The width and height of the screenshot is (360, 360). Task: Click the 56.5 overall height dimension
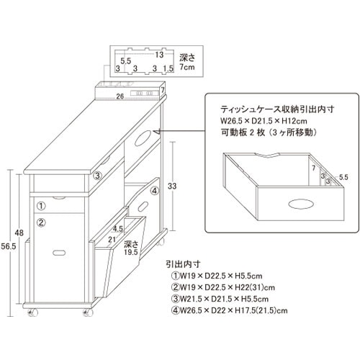(9, 246)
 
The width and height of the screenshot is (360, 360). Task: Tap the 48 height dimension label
(19, 233)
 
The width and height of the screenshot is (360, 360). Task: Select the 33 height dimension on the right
(172, 186)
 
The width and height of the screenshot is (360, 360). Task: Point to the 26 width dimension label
(120, 96)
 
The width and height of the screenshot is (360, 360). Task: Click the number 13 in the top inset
(159, 55)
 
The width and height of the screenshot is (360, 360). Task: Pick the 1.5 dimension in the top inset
(168, 68)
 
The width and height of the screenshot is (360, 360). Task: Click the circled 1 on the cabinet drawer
(41, 206)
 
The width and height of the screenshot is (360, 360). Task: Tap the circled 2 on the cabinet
(41, 222)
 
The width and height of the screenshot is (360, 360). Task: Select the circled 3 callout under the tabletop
(97, 176)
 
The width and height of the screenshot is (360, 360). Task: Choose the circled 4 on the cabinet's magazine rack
(155, 191)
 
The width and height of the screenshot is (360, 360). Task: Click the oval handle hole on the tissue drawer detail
(301, 204)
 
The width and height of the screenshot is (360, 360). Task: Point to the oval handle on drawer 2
(59, 253)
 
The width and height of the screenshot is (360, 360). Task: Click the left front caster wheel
(32, 312)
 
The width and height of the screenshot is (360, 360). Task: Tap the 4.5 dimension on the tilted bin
(118, 229)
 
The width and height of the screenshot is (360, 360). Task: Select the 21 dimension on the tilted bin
(112, 239)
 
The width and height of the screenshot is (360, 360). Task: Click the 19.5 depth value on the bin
(131, 252)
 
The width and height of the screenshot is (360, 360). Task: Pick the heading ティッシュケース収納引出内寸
(277, 109)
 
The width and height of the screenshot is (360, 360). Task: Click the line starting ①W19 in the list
(217, 276)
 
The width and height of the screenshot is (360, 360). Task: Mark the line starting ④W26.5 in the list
(229, 310)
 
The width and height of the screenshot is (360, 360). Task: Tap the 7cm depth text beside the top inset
(187, 67)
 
